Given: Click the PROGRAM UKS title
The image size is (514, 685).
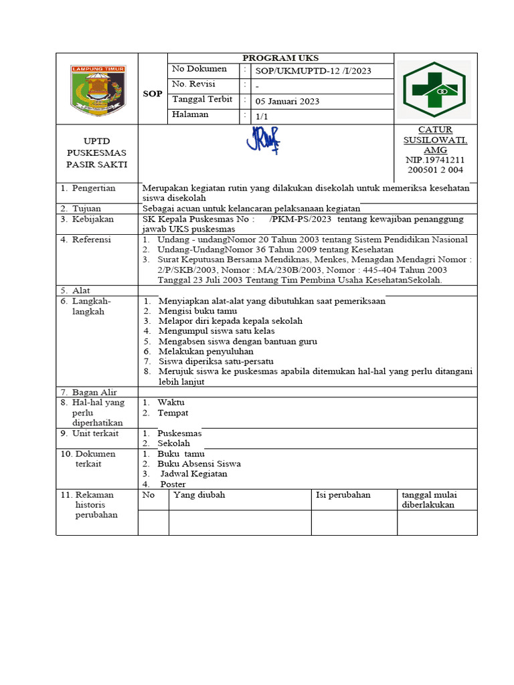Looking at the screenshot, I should (x=280, y=58).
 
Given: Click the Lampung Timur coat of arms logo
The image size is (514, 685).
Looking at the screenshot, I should (x=97, y=90).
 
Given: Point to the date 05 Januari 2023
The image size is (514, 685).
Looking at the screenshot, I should (x=287, y=102).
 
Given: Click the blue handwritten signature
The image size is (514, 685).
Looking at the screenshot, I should (x=264, y=140).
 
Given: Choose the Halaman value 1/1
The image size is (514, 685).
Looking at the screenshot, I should (x=260, y=116).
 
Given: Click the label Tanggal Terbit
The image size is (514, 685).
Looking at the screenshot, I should (x=202, y=100).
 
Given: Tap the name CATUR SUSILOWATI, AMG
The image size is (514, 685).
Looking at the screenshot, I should (x=434, y=140).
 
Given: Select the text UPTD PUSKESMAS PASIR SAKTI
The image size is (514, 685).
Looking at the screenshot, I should (x=96, y=153).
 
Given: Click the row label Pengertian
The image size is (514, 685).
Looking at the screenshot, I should (x=93, y=189).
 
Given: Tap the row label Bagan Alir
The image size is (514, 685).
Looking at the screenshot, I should (x=94, y=392).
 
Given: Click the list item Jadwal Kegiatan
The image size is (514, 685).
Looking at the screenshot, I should (x=192, y=474).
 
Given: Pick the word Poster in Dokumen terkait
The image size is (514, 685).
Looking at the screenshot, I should (x=173, y=484).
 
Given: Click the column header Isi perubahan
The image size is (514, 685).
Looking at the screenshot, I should (x=343, y=495).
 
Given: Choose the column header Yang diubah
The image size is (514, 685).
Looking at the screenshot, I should (x=199, y=495).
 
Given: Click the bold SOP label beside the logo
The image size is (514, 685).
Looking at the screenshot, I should (x=153, y=94).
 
